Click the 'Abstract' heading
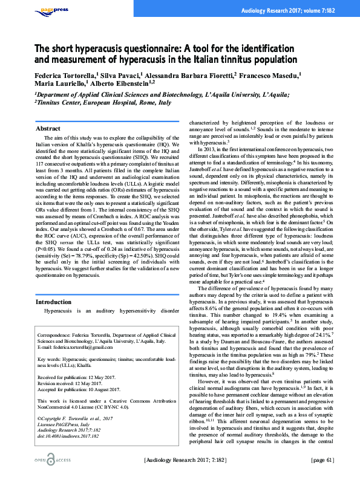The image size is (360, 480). (x=48, y=129)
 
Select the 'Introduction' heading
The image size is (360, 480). (x=54, y=301)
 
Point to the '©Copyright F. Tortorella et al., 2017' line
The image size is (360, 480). (x=74, y=417)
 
